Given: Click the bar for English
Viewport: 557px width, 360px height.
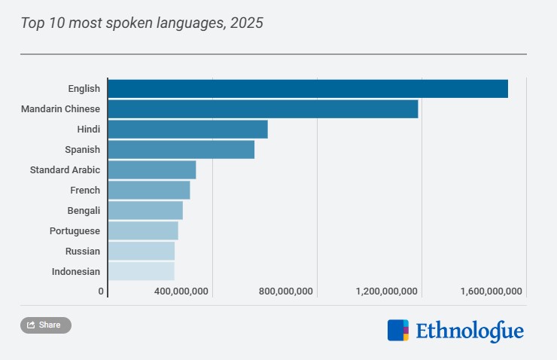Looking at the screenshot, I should [308, 88].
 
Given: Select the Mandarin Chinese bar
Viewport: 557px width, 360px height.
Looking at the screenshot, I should [263, 108].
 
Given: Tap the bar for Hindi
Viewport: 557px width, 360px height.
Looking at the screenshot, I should [188, 129].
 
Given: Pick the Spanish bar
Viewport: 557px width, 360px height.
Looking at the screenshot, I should [181, 149].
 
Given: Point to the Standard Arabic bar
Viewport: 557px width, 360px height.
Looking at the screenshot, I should [152, 169].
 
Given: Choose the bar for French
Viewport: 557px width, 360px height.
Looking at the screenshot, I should [149, 190].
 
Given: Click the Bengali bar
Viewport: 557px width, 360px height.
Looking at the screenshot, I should [145, 210].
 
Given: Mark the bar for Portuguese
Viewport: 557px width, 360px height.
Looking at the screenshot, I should [143, 230].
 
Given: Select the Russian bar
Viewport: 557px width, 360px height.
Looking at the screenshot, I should [142, 251].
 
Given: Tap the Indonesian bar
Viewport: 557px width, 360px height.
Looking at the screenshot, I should [142, 271].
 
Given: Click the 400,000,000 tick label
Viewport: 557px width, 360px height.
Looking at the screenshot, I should [181, 291].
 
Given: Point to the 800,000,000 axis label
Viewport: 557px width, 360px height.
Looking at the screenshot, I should [285, 291].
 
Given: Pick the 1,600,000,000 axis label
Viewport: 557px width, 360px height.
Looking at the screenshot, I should [490, 291].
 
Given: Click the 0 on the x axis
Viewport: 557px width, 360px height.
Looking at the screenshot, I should [101, 291].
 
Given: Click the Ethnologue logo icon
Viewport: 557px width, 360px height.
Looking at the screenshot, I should [398, 331].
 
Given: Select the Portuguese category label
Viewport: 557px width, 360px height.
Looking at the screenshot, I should [75, 230].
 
